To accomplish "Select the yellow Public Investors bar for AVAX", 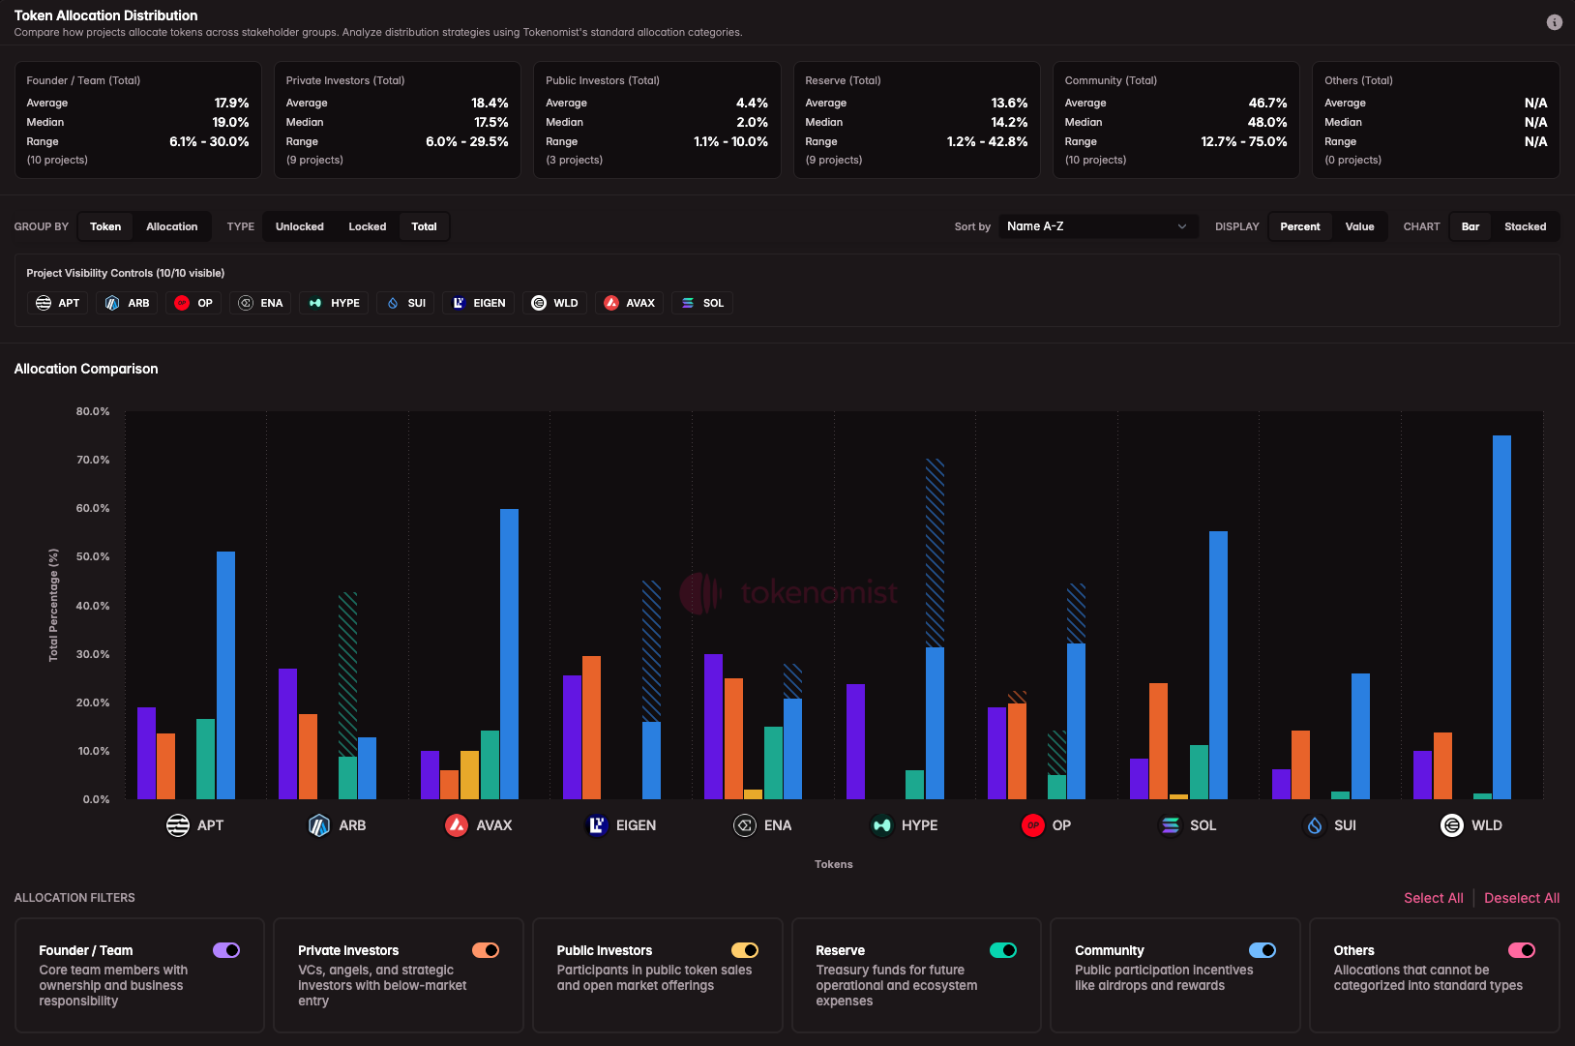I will tap(469, 774).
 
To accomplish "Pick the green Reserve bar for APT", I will tap(205, 759).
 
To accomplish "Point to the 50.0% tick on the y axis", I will tap(93, 557).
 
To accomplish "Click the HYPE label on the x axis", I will tap(918, 825).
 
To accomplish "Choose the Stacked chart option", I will tap(1525, 226).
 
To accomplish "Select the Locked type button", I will tap(367, 226).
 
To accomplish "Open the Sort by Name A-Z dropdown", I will tap(1097, 226).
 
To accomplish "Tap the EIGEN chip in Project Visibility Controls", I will tap(479, 303).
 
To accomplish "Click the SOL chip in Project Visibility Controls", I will tap(702, 303).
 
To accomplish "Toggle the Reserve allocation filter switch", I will tap(1003, 950).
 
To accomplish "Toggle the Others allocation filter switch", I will tap(1521, 950).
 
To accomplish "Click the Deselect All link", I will tap(1521, 898).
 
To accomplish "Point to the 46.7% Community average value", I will tap(1266, 103).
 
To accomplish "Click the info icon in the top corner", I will tap(1554, 22).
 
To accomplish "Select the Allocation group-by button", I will tap(171, 226).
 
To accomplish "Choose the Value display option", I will tap(1359, 226).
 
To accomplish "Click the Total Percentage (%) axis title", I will tap(53, 605).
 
